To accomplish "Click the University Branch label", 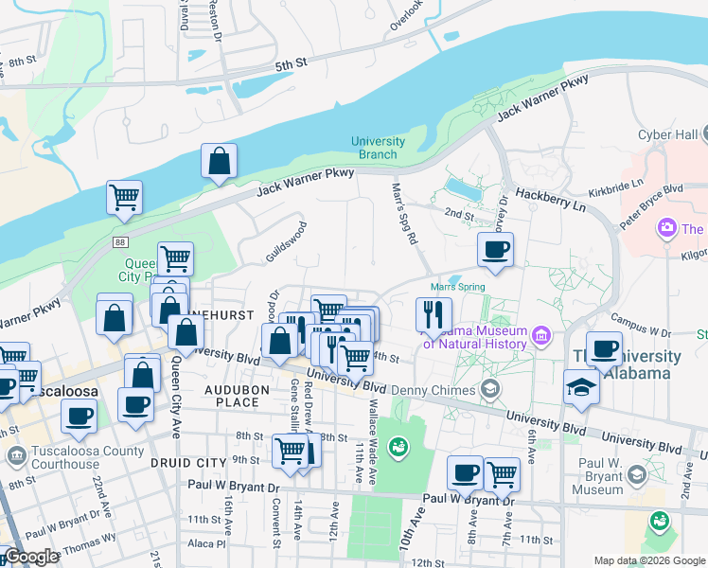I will pyautogui.click(x=378, y=148).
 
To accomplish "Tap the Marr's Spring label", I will pyautogui.click(x=457, y=287).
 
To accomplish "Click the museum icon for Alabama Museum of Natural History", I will pyautogui.click(x=541, y=333).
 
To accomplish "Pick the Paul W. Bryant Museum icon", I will pyautogui.click(x=637, y=473).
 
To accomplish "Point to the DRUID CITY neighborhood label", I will pyautogui.click(x=189, y=462).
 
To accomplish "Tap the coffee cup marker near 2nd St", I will pyautogui.click(x=495, y=250).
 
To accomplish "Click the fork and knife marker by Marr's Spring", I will pyautogui.click(x=434, y=315).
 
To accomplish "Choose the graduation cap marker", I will pyautogui.click(x=582, y=386).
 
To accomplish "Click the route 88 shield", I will pyautogui.click(x=119, y=242).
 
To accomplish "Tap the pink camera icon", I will pyautogui.click(x=667, y=228).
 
